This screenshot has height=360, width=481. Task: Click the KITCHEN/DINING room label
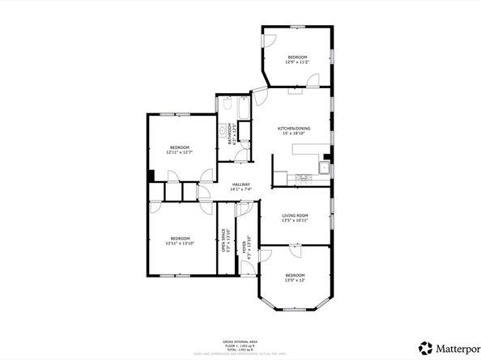[292, 129]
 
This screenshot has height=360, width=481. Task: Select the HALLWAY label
[241, 184]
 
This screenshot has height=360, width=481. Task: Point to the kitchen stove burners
[304, 176]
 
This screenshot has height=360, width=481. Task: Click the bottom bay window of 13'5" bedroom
[294, 307]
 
